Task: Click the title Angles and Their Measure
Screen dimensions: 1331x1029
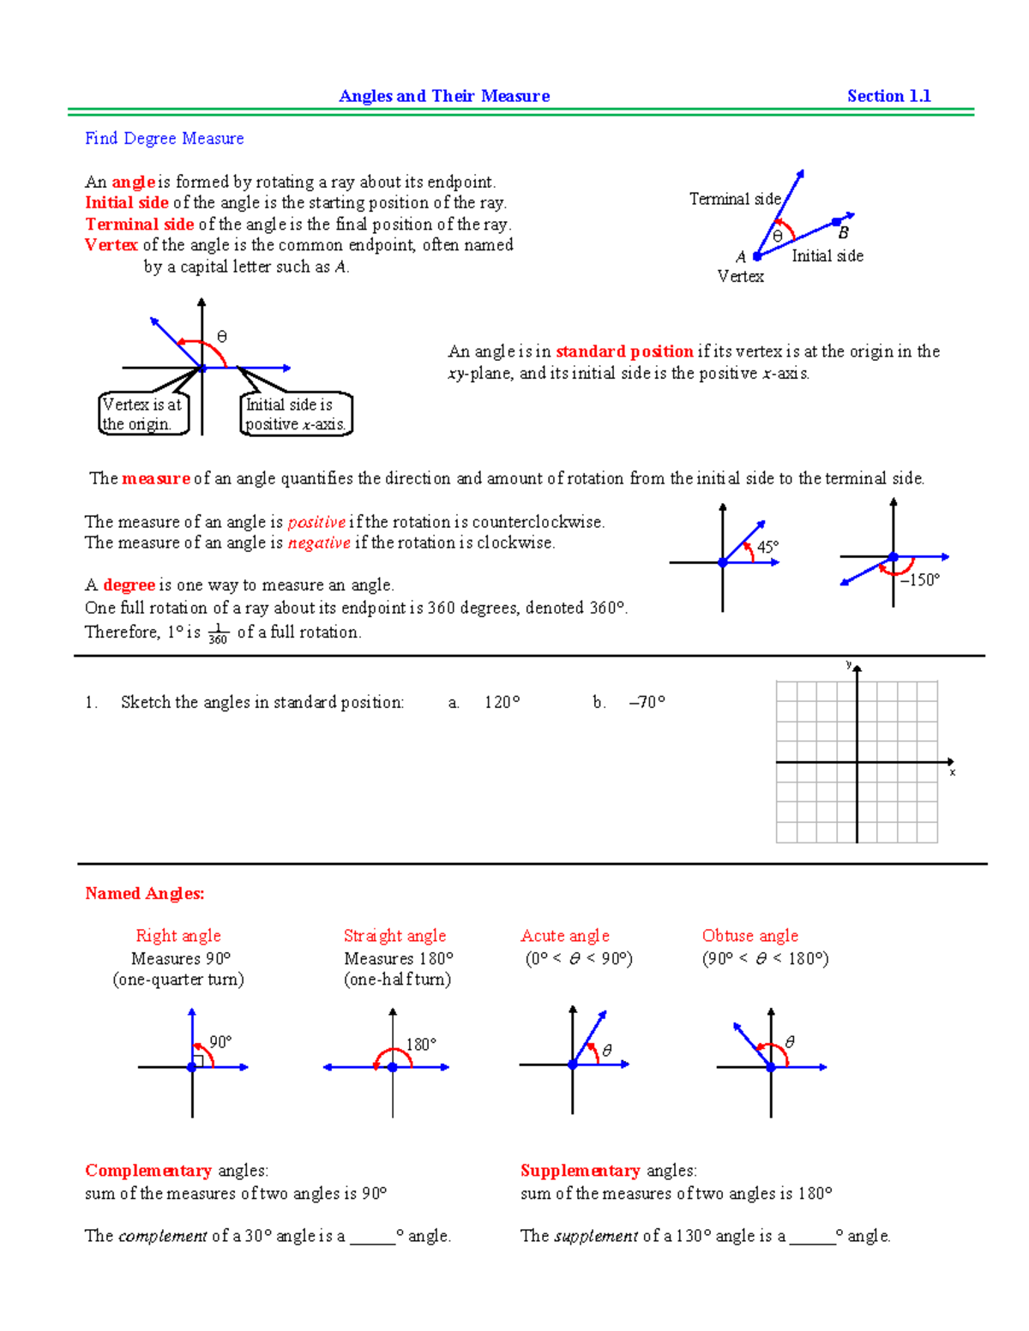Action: coord(444,96)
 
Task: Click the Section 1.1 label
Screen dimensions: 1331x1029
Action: coord(888,96)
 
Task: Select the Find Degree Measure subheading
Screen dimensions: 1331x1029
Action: coord(164,139)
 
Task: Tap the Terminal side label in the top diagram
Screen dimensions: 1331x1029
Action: coord(735,199)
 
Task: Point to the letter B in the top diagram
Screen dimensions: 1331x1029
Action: coord(844,233)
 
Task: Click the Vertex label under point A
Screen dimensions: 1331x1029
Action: coord(740,276)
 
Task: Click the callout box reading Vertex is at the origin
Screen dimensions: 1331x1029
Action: coord(142,414)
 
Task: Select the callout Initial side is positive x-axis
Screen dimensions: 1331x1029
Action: coord(295,414)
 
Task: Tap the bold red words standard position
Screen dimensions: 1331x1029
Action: coord(624,351)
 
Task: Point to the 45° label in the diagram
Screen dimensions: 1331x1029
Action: coord(767,547)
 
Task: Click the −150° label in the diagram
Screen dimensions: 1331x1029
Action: coord(919,580)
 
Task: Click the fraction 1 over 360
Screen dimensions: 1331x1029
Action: coord(218,634)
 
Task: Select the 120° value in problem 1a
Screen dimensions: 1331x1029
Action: coord(502,703)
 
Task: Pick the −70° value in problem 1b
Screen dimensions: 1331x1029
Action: coord(647,703)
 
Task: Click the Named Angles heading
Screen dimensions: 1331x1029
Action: coord(144,893)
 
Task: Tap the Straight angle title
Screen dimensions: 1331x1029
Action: coord(394,936)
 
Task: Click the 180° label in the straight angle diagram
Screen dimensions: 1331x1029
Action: coord(421,1044)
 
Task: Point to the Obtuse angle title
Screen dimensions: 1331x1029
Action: coord(749,936)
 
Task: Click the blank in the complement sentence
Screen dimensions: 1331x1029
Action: coord(372,1237)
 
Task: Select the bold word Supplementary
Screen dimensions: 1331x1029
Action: coord(580,1171)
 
